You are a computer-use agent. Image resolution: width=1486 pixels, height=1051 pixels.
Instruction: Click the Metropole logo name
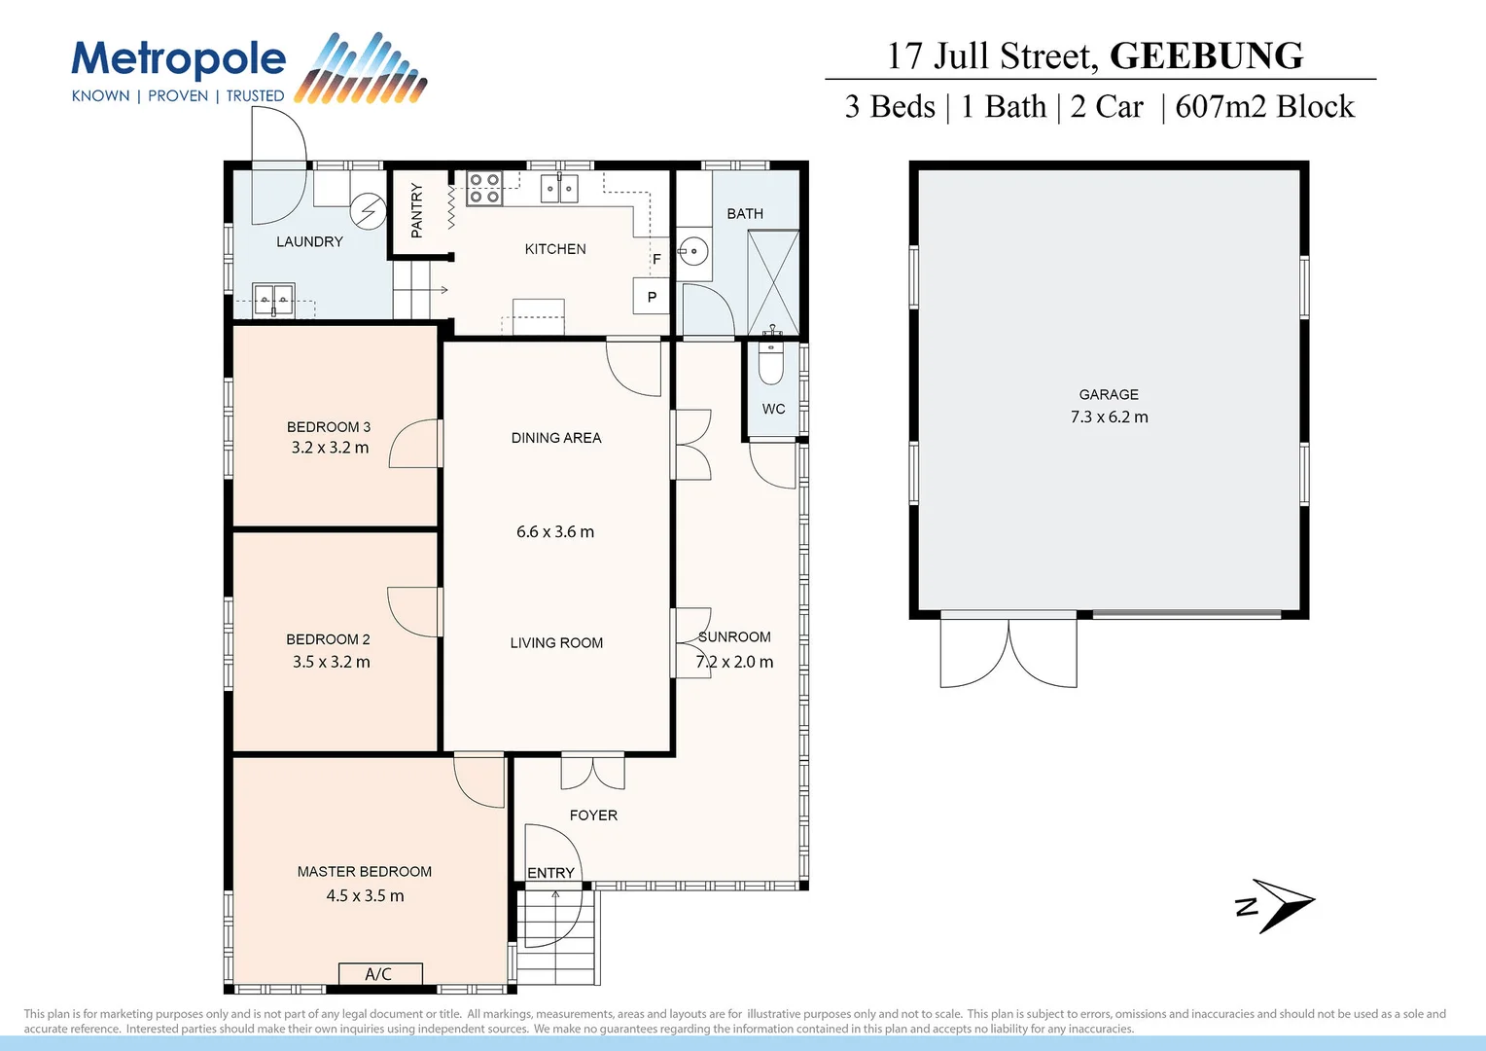[179, 60]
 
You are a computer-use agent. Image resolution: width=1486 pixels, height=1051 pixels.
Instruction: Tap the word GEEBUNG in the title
[1206, 56]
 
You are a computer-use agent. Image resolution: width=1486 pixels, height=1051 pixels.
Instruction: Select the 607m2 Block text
[1264, 107]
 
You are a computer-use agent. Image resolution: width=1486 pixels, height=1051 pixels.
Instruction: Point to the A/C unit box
[379, 973]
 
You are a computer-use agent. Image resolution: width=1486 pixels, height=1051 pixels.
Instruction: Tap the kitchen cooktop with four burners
[484, 188]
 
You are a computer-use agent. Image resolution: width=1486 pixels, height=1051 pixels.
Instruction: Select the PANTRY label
[417, 210]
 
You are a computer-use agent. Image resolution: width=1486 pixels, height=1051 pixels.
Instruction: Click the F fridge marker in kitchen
[656, 259]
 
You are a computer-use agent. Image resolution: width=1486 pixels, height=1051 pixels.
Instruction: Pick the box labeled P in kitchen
[652, 296]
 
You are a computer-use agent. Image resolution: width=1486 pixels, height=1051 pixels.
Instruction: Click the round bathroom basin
[693, 252]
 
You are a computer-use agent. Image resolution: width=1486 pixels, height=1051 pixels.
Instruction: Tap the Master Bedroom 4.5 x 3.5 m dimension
[365, 896]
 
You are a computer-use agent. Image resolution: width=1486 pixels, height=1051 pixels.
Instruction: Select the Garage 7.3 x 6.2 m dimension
[1109, 417]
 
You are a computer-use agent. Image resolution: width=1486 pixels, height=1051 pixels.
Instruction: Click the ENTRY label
[550, 873]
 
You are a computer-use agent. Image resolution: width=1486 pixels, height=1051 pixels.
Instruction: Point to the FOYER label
[593, 815]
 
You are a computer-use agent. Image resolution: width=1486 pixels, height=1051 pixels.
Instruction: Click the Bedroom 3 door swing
[415, 445]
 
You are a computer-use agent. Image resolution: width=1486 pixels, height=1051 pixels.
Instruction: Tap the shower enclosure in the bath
[773, 282]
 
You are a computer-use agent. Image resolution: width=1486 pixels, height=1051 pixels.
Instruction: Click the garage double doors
[1008, 653]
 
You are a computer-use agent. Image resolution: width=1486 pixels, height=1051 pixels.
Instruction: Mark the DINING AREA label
[556, 438]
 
